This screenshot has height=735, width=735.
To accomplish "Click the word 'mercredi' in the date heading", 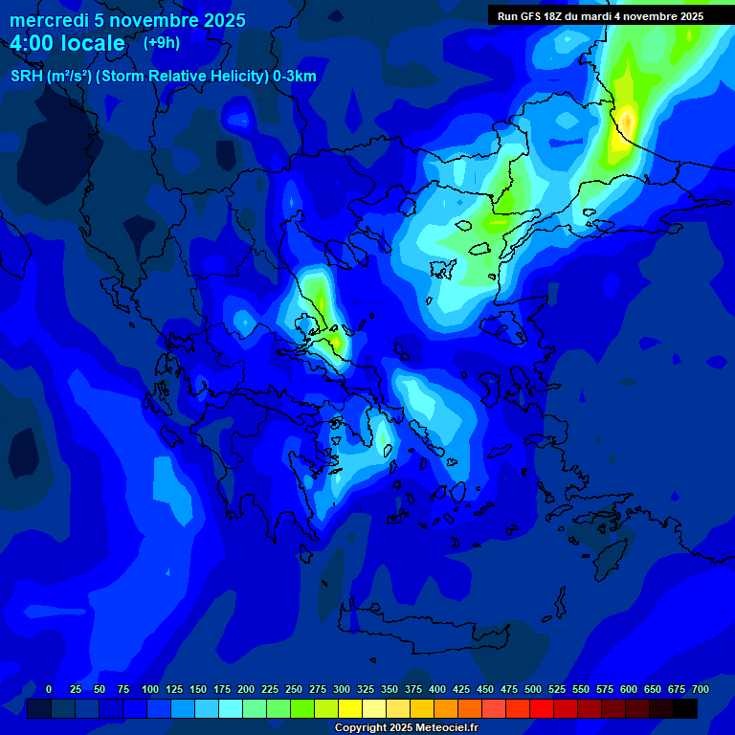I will click(x=49, y=20).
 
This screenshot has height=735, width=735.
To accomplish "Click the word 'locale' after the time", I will click(x=91, y=43).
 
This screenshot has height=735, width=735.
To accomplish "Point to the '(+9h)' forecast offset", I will click(x=161, y=42).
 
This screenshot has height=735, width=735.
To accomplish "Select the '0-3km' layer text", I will click(x=295, y=77).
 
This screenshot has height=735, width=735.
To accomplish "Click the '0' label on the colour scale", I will click(x=49, y=689).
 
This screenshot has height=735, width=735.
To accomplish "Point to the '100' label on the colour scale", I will click(x=150, y=689).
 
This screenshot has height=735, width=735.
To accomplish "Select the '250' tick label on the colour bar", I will click(x=294, y=689).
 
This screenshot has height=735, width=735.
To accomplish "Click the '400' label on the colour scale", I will click(x=437, y=689).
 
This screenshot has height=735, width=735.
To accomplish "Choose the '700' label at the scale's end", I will click(x=701, y=689).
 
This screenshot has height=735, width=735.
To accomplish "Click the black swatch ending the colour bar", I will click(x=685, y=708).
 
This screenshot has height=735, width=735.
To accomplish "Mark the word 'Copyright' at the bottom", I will click(x=361, y=728).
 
